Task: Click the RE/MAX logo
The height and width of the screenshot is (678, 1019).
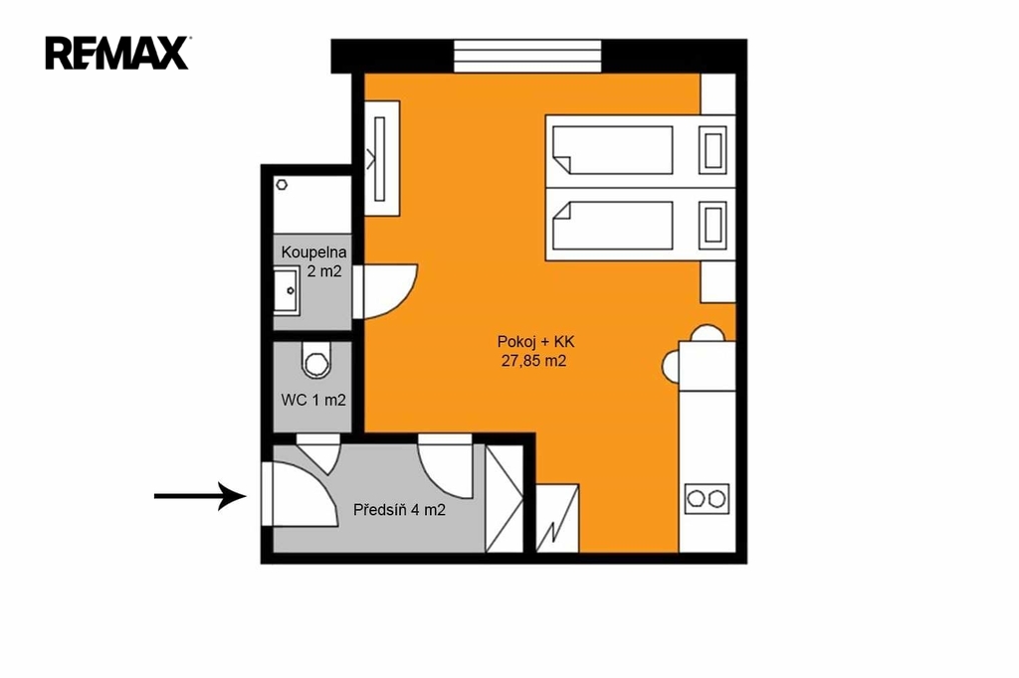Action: point(117,53)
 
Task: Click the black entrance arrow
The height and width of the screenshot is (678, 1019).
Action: point(200,496)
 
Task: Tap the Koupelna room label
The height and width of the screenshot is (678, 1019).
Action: point(313,252)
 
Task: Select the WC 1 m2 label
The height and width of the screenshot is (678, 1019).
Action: point(313,400)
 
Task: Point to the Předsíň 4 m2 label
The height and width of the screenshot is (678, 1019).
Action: point(400,510)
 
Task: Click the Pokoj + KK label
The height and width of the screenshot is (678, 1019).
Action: point(536,342)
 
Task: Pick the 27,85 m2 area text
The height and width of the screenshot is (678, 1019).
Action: point(533,361)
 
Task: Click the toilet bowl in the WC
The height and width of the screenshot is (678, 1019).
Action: point(316,361)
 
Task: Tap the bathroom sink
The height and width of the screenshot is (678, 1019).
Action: point(287,291)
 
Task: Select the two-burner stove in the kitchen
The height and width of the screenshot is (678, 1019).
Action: point(708,499)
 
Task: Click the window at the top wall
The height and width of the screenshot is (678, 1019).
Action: point(527,57)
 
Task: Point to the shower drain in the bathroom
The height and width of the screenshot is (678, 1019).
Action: point(282,185)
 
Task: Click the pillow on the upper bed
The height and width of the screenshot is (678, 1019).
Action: point(713,151)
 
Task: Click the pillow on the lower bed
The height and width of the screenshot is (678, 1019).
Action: point(713,226)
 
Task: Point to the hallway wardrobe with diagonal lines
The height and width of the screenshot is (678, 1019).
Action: point(505,498)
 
